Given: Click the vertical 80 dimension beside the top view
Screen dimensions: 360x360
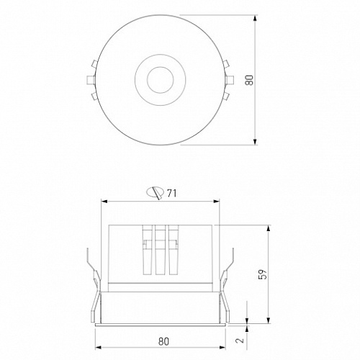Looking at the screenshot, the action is (249, 80).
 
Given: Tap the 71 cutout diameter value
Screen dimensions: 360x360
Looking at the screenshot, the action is (172, 193).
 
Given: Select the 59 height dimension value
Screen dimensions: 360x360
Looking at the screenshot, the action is (263, 274).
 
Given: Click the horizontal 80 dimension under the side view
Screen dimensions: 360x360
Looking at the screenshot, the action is (163, 341).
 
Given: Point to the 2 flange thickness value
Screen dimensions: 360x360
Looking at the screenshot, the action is (240, 340).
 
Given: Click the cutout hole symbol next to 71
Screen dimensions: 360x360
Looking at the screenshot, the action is (156, 193).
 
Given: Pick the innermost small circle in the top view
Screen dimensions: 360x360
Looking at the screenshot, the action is (161, 80).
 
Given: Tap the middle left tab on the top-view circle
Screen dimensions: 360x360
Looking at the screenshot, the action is (91, 80).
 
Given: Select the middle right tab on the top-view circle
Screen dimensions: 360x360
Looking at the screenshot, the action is (230, 80).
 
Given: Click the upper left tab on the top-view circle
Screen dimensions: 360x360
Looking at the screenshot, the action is (94, 64).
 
